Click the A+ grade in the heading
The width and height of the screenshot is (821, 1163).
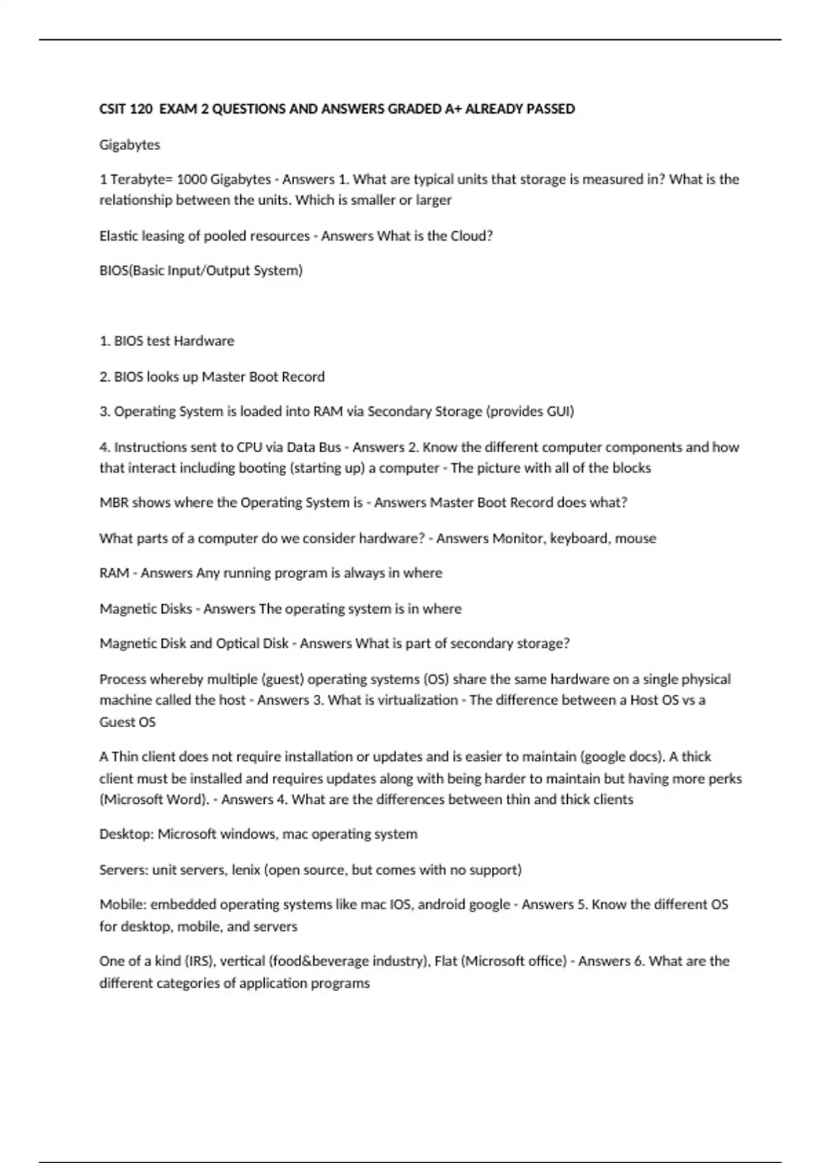(x=452, y=109)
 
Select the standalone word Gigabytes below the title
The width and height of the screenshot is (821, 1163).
(x=129, y=144)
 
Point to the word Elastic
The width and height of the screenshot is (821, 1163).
(x=118, y=236)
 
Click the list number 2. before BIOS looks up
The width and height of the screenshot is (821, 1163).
(x=105, y=376)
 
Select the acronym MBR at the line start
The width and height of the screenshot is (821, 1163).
(x=114, y=502)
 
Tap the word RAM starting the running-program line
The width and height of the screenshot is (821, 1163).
(x=114, y=573)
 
